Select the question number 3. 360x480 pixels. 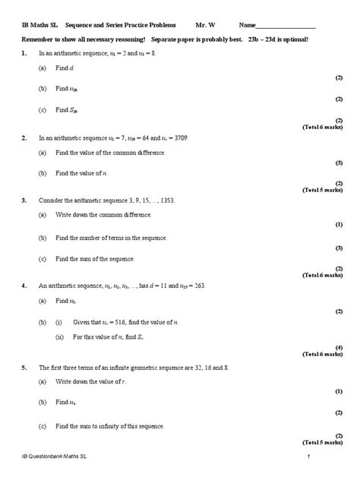click(x=24, y=201)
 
